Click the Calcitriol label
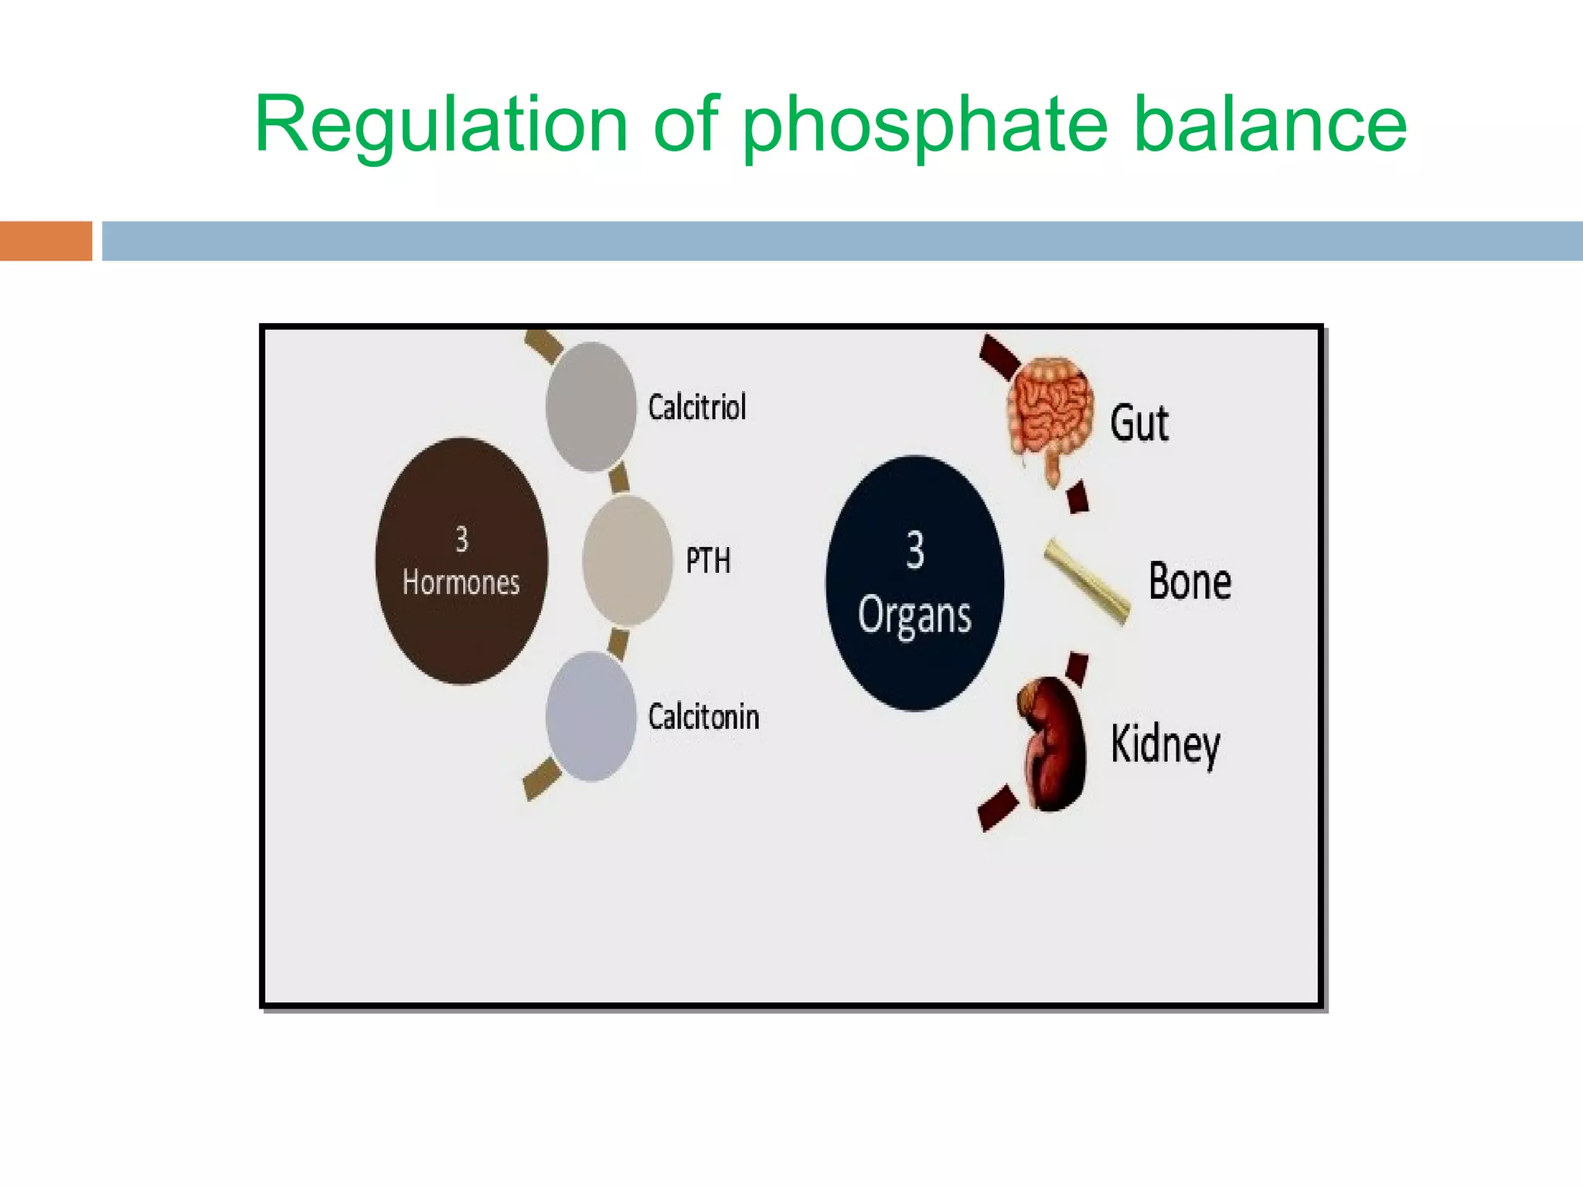(697, 407)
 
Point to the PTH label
(708, 561)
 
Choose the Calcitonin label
(703, 717)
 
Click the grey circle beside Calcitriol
(591, 407)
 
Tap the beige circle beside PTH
(627, 560)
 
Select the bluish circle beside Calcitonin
(591, 716)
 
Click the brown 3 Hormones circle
(461, 561)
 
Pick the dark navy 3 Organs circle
(914, 583)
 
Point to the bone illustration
(1086, 582)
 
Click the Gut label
(1139, 423)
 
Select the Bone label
(1190, 582)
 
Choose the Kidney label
(1165, 744)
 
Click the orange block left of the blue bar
(46, 241)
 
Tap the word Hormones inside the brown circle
(461, 583)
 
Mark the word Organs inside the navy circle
(914, 617)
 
